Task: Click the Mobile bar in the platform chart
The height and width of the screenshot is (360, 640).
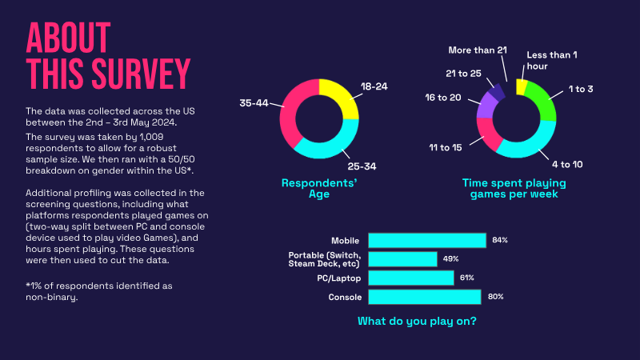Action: click(x=427, y=240)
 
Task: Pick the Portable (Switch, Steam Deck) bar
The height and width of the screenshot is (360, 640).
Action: click(x=402, y=259)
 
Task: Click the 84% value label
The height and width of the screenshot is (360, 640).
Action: click(x=500, y=240)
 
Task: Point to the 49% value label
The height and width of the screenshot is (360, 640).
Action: click(x=450, y=259)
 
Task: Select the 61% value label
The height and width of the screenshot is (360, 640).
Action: click(x=467, y=278)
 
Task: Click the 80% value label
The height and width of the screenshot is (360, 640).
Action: click(x=496, y=297)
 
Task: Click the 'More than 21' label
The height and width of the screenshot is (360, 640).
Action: click(x=478, y=50)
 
